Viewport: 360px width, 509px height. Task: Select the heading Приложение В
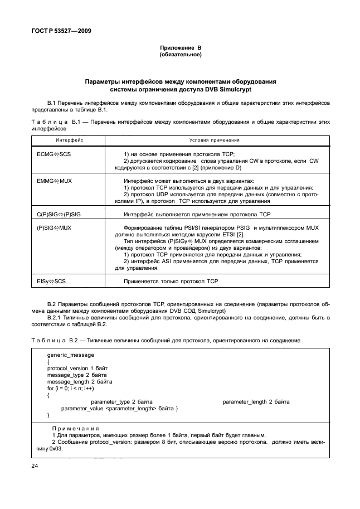pyautogui.click(x=180, y=49)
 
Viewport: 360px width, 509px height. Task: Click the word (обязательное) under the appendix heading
pyautogui.click(x=180, y=55)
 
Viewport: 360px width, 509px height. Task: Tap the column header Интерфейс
pyautogui.click(x=69, y=140)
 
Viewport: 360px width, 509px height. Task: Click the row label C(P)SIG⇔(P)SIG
pyautogui.click(x=59, y=214)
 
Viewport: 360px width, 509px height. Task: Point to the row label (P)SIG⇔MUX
pyautogui.click(x=54, y=228)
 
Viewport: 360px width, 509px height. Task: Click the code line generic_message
pyautogui.click(x=71, y=355)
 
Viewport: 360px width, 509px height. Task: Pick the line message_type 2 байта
pyautogui.click(x=73, y=375)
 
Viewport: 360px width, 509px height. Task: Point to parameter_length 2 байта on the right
pyautogui.click(x=256, y=402)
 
